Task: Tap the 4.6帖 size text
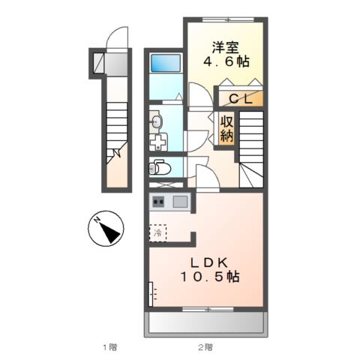click(x=223, y=61)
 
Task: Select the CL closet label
click(x=240, y=98)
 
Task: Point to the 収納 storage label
click(x=226, y=128)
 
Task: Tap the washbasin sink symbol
click(x=157, y=121)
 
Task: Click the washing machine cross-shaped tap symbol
click(x=159, y=142)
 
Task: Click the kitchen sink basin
click(x=181, y=201)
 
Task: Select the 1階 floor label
click(x=109, y=346)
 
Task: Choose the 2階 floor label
click(x=205, y=346)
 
